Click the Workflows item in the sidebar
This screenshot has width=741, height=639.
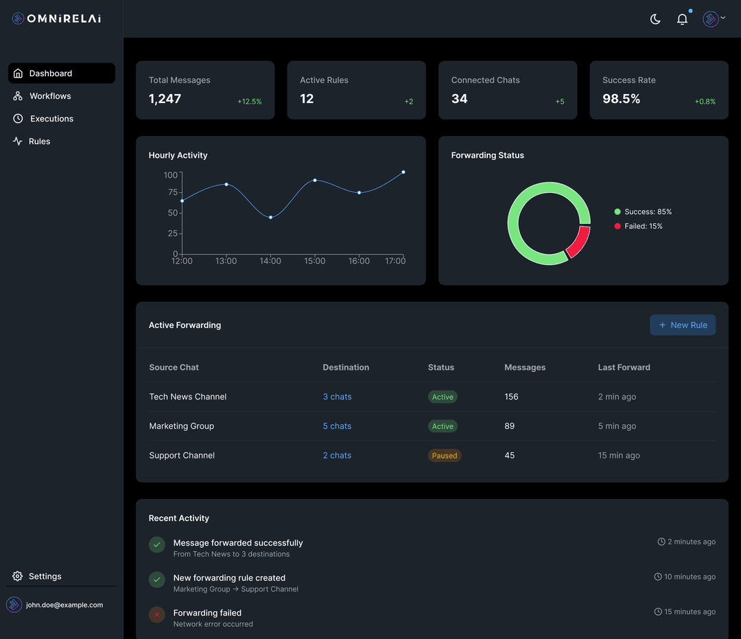[50, 96]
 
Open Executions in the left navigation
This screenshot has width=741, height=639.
[51, 119]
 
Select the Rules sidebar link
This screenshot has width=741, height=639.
[39, 141]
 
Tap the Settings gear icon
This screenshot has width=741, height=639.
[18, 577]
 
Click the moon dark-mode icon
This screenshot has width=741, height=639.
[655, 19]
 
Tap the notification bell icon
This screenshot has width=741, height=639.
[682, 19]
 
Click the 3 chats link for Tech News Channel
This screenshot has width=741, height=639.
[337, 397]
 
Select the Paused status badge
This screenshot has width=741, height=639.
[445, 456]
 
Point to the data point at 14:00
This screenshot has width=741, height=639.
[270, 218]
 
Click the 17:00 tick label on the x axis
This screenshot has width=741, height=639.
[395, 261]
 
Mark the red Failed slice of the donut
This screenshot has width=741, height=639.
[578, 242]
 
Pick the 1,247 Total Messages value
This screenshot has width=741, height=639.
[165, 99]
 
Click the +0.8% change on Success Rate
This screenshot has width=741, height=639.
[705, 102]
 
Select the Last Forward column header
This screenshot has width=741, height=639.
[624, 367]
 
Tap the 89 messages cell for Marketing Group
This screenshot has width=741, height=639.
[509, 426]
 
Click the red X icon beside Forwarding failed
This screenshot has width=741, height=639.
[157, 614]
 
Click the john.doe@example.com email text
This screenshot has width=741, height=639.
[64, 605]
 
